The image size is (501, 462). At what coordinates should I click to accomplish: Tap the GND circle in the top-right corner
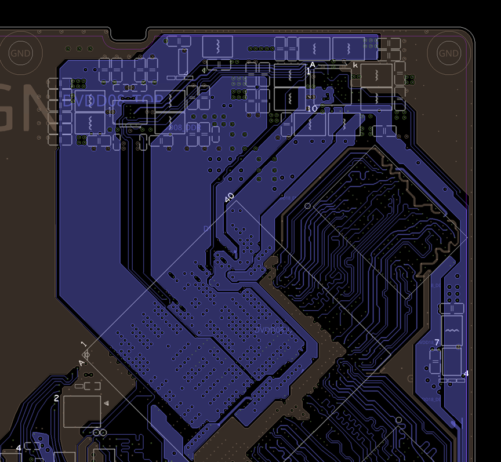448,53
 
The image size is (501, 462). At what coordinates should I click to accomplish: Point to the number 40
229,198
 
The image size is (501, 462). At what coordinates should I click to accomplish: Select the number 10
312,108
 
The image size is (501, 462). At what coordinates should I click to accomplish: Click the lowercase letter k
355,65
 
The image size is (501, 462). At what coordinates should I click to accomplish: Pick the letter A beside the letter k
313,65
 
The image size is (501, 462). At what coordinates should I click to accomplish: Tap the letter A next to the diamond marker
81,363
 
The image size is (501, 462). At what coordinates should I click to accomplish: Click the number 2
56,398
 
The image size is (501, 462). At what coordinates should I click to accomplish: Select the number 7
437,343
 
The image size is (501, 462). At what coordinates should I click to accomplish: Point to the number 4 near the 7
466,373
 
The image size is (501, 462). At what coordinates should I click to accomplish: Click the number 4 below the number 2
19,448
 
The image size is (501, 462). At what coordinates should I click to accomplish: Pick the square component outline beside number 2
82,410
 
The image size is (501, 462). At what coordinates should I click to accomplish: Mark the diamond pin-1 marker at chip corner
86,353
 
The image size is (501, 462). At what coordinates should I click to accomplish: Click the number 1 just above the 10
308,71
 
